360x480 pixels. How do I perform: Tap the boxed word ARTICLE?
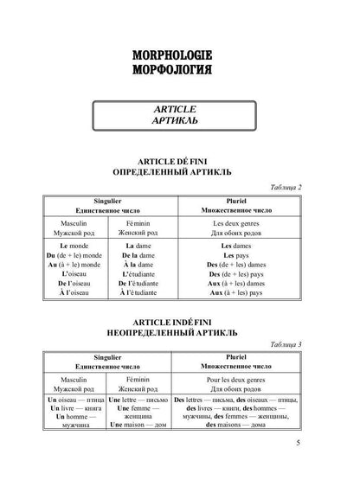point(181,110)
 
